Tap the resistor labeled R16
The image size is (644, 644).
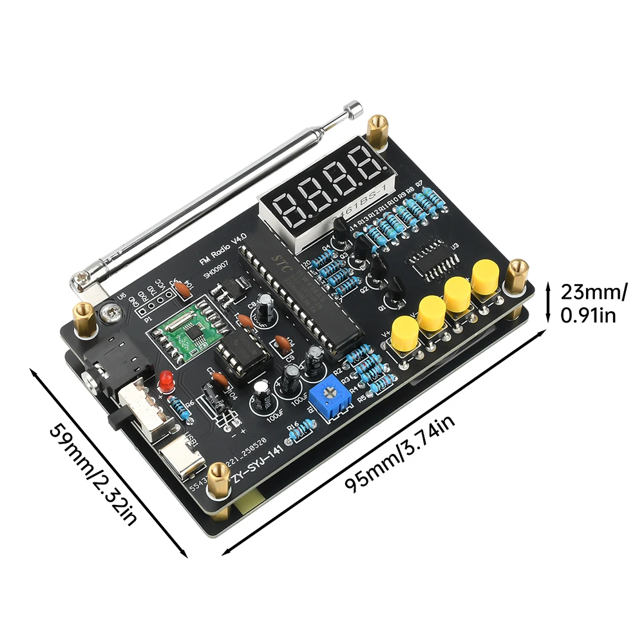pyautogui.click(x=301, y=430)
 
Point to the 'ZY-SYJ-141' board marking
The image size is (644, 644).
pyautogui.click(x=256, y=467)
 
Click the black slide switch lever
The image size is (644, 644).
pyautogui.click(x=116, y=417)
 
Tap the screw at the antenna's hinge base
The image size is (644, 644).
pyautogui.click(x=82, y=278)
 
